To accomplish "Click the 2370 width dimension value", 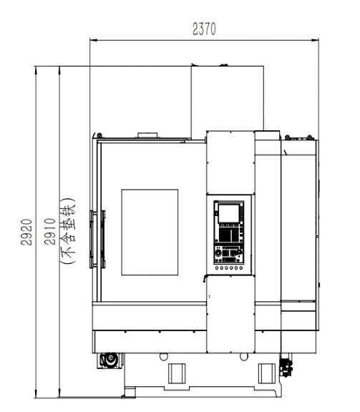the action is click(204, 29).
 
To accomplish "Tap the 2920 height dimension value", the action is click(26, 232).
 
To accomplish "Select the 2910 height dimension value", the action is click(50, 232).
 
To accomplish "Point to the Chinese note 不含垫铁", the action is click(68, 231).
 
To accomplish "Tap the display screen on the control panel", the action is click(228, 214).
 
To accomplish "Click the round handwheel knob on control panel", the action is click(218, 253).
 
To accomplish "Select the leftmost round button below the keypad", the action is click(217, 268).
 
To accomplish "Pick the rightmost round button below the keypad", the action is click(240, 268).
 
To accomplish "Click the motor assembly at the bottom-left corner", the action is click(110, 360).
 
